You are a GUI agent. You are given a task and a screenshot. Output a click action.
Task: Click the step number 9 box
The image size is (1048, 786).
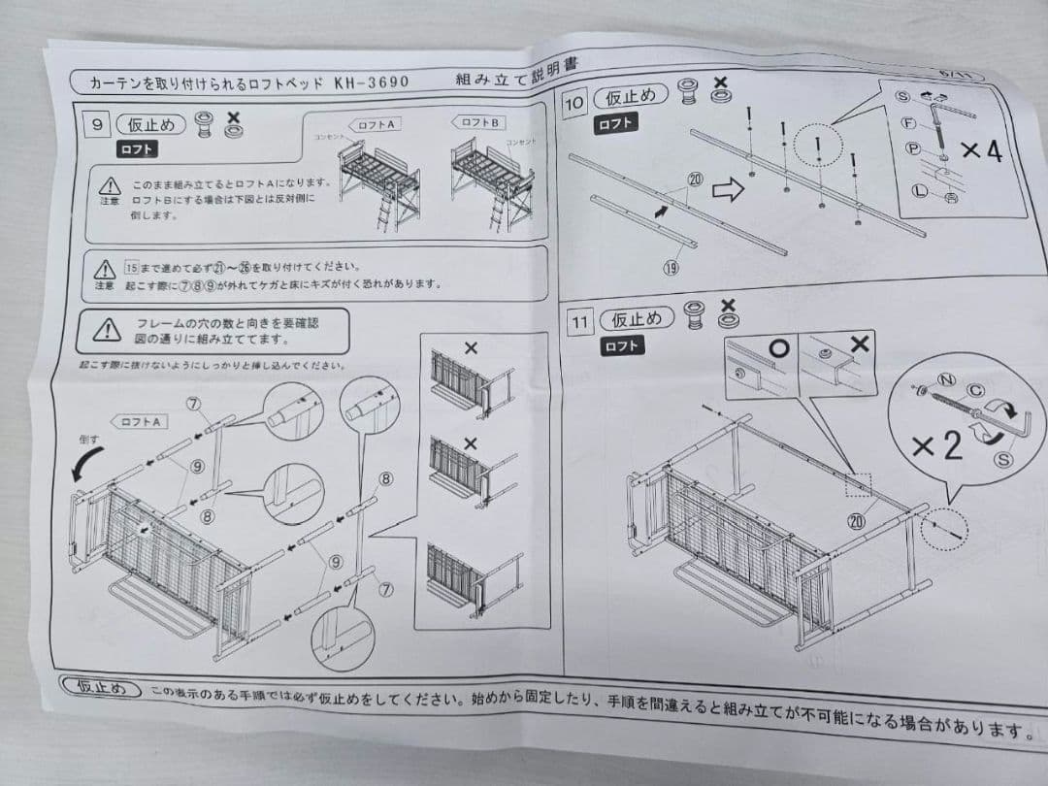98,124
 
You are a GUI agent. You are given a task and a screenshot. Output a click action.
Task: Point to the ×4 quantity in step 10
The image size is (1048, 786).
980,151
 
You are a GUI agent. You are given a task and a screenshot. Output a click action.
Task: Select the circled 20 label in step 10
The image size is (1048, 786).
694,179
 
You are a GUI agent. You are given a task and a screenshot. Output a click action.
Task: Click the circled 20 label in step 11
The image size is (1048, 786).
856,521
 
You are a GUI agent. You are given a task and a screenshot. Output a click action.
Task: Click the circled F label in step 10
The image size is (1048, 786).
909,123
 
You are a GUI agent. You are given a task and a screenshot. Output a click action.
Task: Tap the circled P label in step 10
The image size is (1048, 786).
912,148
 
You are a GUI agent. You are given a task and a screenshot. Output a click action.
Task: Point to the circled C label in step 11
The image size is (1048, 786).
976,391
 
